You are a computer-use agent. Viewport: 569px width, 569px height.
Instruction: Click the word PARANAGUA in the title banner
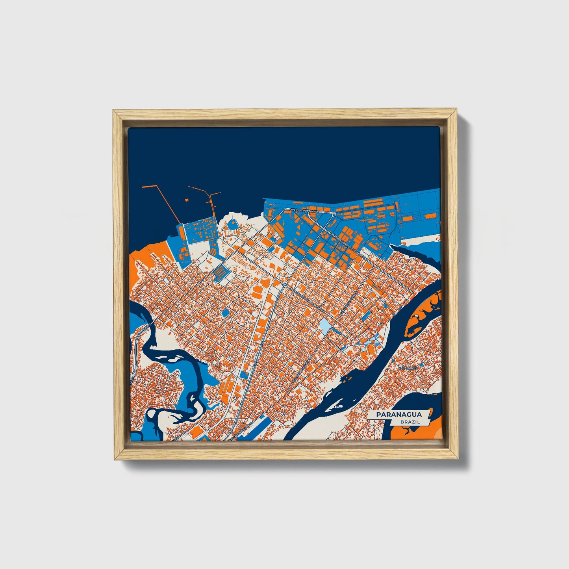pos(398,414)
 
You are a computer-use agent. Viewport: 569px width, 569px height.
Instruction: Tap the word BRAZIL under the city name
pos(410,422)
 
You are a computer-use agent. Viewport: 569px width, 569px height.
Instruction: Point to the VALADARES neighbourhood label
pos(408,367)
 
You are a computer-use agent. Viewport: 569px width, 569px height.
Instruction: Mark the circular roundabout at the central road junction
pos(284,284)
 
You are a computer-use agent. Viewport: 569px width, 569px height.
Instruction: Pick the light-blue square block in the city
pos(325,325)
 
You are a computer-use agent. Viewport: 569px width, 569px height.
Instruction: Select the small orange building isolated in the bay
pos(185,200)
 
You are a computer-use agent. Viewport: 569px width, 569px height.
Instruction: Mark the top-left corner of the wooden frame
pos(113,111)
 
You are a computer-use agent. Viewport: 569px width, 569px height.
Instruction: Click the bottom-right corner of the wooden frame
pos(458,459)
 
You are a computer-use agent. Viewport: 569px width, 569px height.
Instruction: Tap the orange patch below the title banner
pos(410,433)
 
